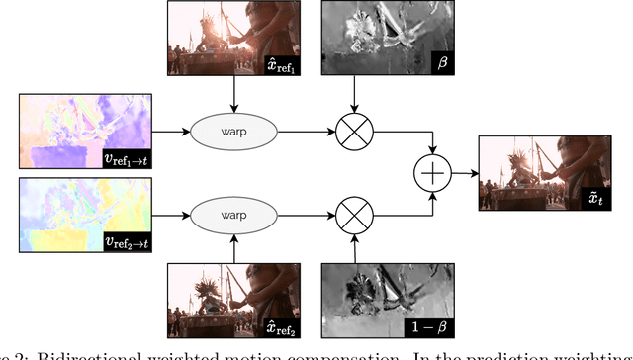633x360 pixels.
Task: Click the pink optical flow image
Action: [80, 131]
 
